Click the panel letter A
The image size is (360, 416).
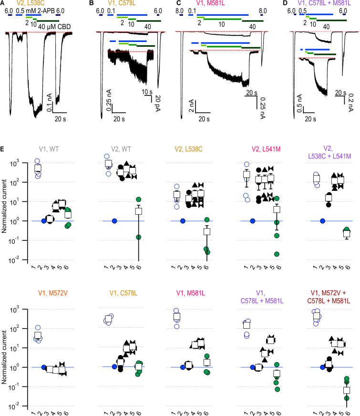pos(3,4)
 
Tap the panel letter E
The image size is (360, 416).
pos(3,149)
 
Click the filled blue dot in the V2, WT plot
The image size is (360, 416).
pos(114,221)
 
